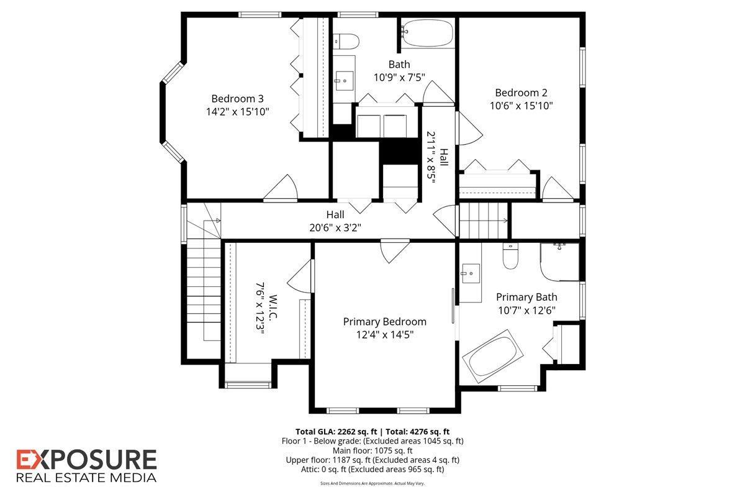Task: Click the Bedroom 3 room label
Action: coord(237,98)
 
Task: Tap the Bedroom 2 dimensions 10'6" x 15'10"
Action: coord(521,106)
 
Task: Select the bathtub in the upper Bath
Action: coord(427,34)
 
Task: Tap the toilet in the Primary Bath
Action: coord(510,257)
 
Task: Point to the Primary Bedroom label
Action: coord(385,321)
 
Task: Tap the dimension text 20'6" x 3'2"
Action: coord(335,227)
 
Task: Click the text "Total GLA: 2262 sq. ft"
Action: coord(335,431)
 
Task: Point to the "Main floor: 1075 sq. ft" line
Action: coord(372,450)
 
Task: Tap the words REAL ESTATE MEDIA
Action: coord(86,478)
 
